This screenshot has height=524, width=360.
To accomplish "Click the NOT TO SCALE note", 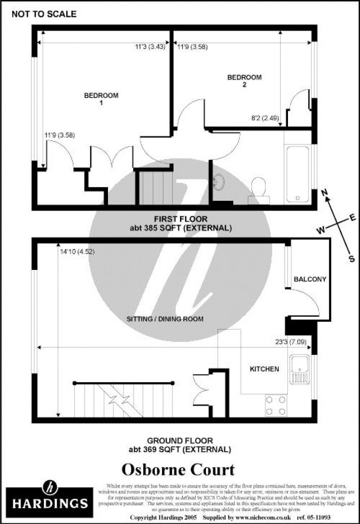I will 44,14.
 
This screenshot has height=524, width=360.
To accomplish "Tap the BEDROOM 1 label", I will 101,99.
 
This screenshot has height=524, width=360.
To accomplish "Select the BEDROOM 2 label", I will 244,81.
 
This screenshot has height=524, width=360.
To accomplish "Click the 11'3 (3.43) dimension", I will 150,46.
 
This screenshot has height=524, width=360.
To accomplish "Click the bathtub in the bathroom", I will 298,174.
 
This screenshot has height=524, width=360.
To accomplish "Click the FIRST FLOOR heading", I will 181,219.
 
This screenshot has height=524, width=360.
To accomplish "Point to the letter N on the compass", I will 324,192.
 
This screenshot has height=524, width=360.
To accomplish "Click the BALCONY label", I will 310,279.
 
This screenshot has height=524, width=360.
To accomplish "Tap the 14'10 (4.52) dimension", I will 77,252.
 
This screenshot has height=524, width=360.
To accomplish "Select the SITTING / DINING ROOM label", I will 165,319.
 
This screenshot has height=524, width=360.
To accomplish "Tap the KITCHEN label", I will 264,369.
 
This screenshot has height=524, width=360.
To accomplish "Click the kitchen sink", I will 300,369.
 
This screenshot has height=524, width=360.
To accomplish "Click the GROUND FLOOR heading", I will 180,441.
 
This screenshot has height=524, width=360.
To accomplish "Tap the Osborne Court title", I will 178,470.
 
